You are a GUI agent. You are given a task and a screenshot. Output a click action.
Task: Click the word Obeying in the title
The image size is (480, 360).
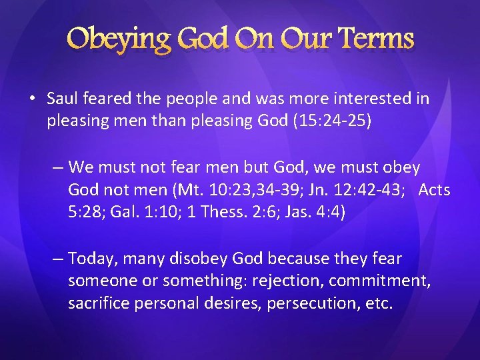click(x=118, y=39)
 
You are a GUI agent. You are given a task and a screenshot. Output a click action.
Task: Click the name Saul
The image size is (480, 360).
click(x=62, y=99)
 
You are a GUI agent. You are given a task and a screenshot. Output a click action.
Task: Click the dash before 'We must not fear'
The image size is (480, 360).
click(x=58, y=167)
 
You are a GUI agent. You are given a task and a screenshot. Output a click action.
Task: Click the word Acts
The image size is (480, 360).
click(x=434, y=191)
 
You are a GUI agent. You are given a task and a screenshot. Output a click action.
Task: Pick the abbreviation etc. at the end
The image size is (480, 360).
click(x=378, y=304)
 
